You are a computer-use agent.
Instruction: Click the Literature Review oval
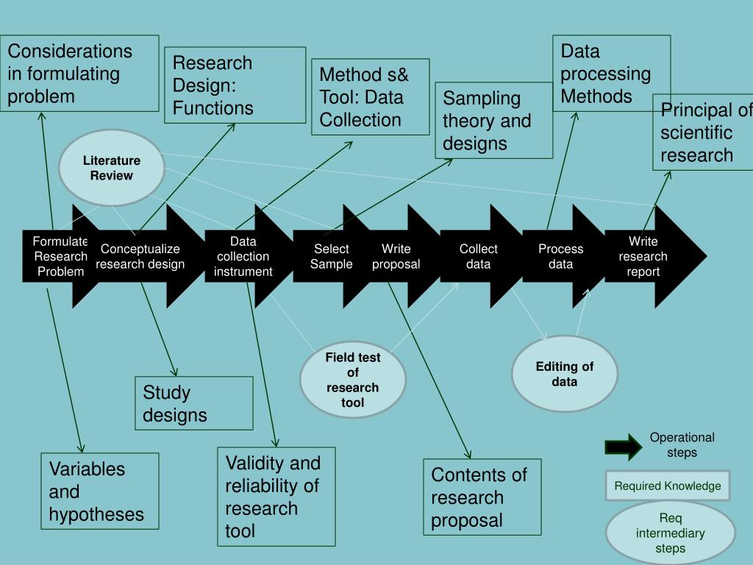(x=112, y=168)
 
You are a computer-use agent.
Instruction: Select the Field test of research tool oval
(x=353, y=380)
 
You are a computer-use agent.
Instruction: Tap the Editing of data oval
(x=565, y=374)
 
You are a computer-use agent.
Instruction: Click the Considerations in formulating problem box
(x=79, y=74)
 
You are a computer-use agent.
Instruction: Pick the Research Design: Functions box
(x=235, y=85)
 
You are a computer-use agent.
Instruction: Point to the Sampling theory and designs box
(x=493, y=121)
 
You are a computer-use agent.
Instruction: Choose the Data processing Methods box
(x=611, y=74)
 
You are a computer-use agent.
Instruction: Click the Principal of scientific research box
(x=703, y=132)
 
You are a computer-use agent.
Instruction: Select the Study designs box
(x=194, y=403)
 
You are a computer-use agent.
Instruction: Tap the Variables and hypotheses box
(x=100, y=491)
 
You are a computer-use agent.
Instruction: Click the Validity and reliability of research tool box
(x=276, y=497)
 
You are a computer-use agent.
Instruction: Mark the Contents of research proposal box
(x=482, y=497)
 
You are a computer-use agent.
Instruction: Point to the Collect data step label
(x=478, y=256)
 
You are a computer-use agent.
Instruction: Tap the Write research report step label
(x=643, y=256)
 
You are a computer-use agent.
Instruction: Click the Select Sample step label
(x=331, y=256)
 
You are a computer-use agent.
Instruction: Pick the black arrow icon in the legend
(x=623, y=446)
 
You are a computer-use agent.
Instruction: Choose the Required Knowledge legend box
(x=668, y=486)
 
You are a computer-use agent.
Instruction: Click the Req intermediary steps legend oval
(x=671, y=533)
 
